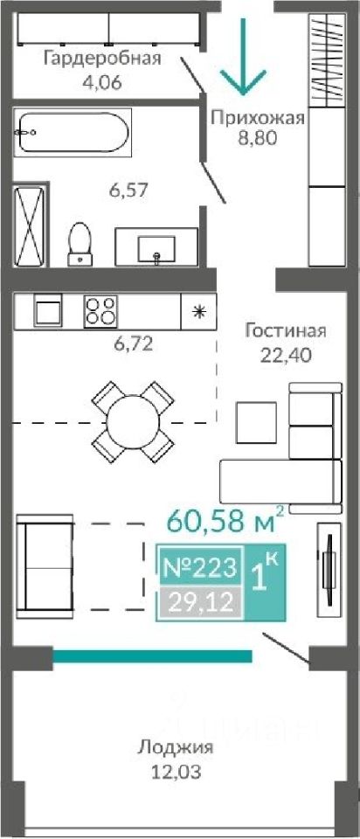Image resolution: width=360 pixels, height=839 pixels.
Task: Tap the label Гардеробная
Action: (102, 58)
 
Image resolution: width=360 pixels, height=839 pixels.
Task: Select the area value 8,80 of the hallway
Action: (257, 138)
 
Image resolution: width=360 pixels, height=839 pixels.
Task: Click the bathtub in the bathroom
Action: (72, 133)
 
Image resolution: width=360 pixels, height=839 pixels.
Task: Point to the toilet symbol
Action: (80, 244)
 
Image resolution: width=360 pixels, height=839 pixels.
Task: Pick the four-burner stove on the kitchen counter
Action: (100, 311)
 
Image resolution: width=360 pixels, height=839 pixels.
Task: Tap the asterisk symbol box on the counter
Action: (198, 311)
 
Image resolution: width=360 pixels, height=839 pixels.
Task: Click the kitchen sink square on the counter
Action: (49, 311)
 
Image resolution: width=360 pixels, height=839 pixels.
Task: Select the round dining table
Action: (132, 422)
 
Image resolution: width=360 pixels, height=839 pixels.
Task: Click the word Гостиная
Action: (285, 330)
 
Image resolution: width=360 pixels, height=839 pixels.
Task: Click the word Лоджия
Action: (176, 747)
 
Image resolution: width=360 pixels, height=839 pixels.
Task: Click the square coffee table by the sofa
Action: (256, 422)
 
